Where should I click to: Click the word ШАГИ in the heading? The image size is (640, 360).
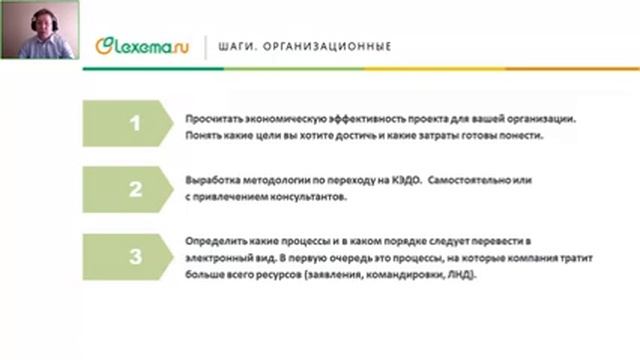[x=236, y=47]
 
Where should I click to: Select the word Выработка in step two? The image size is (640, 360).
[x=213, y=181]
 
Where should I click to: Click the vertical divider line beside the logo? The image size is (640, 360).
[x=206, y=47]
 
